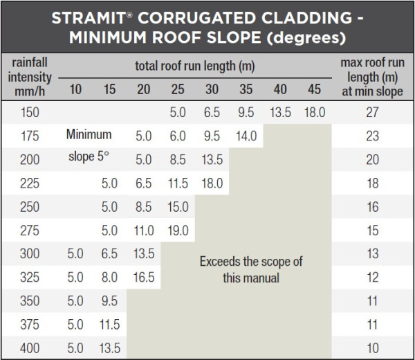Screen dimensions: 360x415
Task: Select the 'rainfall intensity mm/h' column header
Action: pos(30,77)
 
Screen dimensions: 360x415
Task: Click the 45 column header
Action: pos(314,89)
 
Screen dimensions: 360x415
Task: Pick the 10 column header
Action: pos(75,89)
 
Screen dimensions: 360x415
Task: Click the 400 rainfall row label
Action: pos(30,348)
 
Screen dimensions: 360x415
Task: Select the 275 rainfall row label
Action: pos(30,231)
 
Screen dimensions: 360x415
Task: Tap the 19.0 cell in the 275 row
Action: pos(178,231)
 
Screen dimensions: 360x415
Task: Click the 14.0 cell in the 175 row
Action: pos(246,136)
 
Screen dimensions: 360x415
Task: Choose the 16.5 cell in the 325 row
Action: pos(144,278)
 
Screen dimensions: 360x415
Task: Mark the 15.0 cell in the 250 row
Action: pos(178,207)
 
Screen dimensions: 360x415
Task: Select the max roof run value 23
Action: pos(372,136)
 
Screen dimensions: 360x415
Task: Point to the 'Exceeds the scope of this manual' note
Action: pos(250,270)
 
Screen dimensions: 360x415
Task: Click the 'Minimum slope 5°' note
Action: pos(89,146)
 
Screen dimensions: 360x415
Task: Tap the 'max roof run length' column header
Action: pos(372,77)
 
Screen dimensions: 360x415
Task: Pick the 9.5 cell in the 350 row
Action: pos(110,301)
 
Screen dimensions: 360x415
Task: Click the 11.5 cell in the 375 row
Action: pos(110,325)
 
